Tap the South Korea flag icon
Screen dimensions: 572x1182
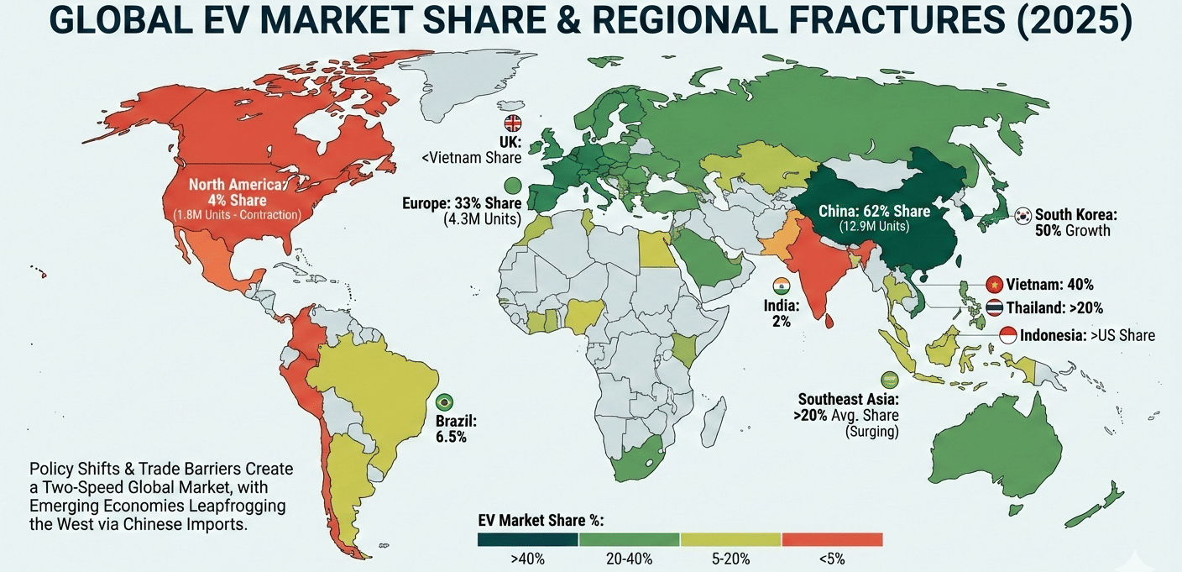(1024, 215)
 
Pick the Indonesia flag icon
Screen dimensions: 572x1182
(1008, 335)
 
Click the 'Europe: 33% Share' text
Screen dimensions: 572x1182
(461, 204)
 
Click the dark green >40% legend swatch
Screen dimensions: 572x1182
(528, 539)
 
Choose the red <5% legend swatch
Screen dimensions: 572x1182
(832, 539)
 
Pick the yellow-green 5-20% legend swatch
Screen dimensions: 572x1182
(730, 539)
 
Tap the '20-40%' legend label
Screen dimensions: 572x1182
(629, 559)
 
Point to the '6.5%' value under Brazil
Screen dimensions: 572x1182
(451, 437)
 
